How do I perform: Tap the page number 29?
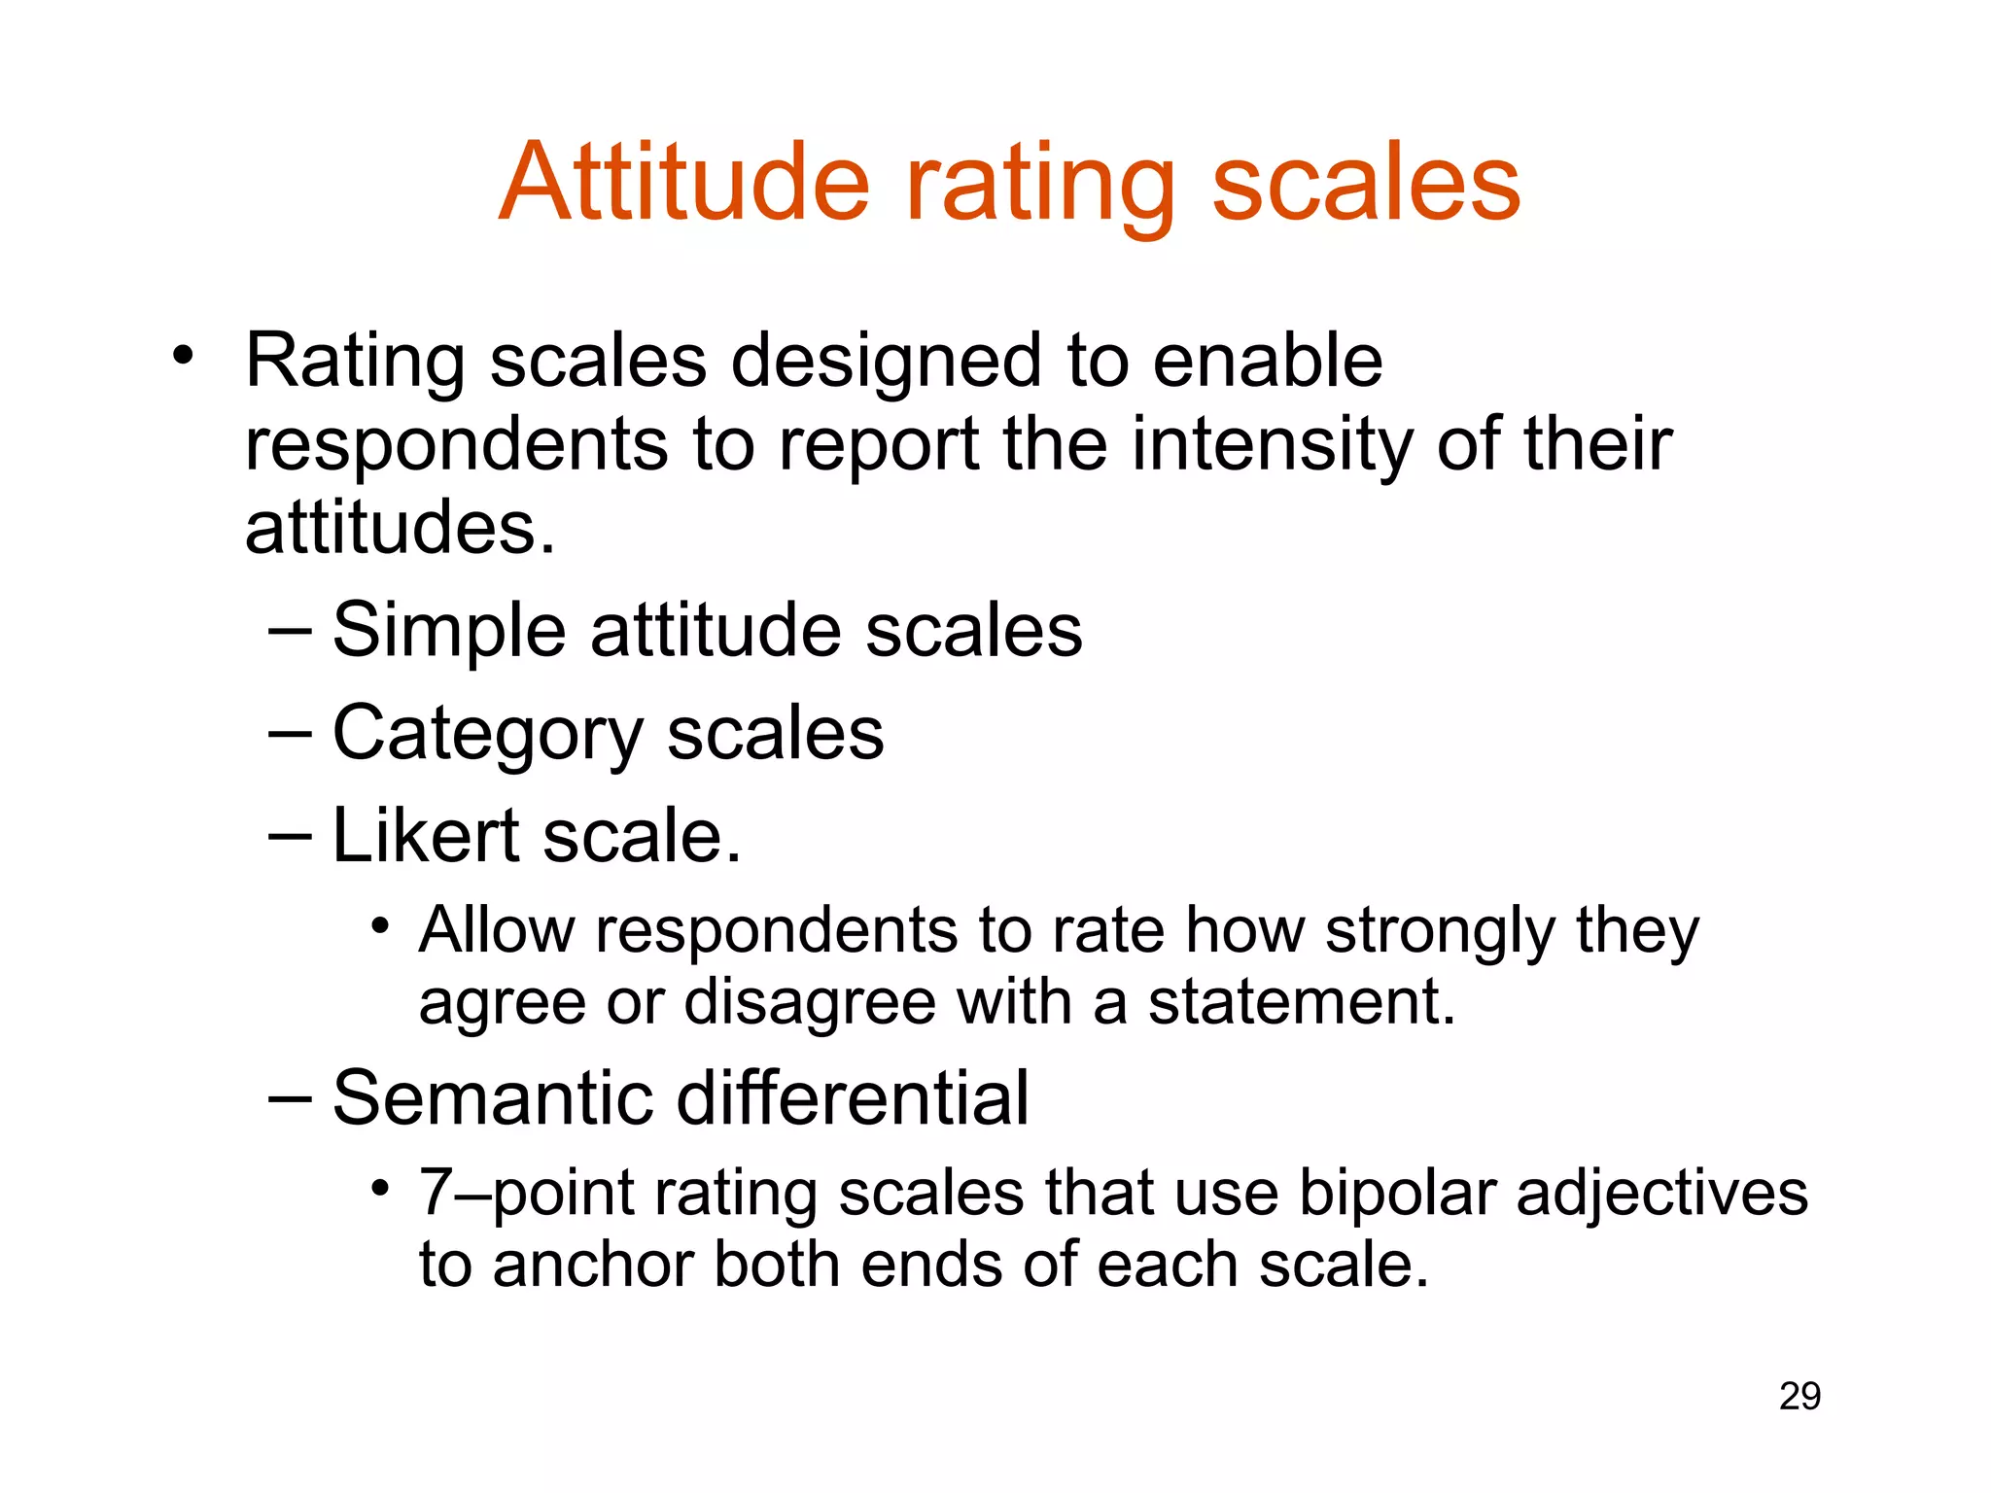pyautogui.click(x=1799, y=1397)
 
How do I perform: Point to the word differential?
pyautogui.click(x=852, y=1097)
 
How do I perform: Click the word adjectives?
pyautogui.click(x=1661, y=1195)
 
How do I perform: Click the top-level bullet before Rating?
pyautogui.click(x=182, y=357)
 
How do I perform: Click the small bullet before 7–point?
pyautogui.click(x=380, y=1188)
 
